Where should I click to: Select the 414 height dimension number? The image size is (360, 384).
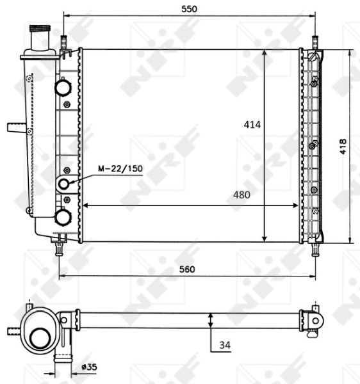pyautogui.click(x=252, y=125)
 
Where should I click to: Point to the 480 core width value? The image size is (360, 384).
pyautogui.click(x=241, y=195)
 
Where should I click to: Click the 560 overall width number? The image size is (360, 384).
pyautogui.click(x=186, y=269)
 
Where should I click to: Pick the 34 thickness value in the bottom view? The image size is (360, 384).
pyautogui.click(x=224, y=345)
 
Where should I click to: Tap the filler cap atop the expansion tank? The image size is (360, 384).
pyautogui.click(x=40, y=31)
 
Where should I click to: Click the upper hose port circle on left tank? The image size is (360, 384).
pyautogui.click(x=63, y=86)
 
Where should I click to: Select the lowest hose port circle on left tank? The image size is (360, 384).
pyautogui.click(x=63, y=218)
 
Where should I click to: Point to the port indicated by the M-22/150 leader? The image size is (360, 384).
pyautogui.click(x=64, y=184)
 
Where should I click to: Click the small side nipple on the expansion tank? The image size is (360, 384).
pyautogui.click(x=15, y=127)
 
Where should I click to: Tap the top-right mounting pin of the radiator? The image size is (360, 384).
pyautogui.click(x=315, y=42)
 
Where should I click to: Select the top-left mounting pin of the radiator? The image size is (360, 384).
pyautogui.click(x=64, y=42)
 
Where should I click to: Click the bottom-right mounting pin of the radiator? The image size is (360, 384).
pyautogui.click(x=315, y=248)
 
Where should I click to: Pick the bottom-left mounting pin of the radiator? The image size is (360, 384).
pyautogui.click(x=60, y=247)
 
